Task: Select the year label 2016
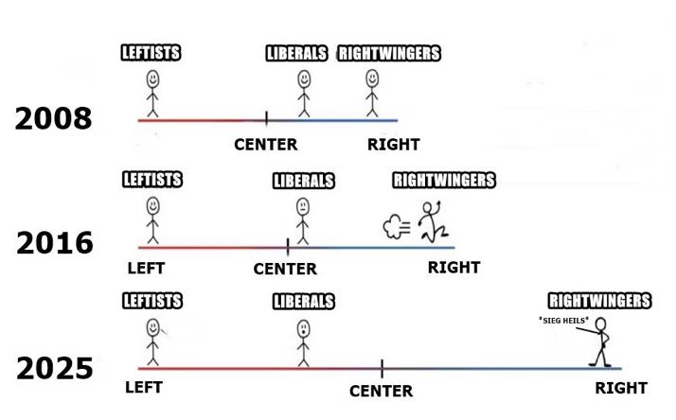pyautogui.click(x=54, y=244)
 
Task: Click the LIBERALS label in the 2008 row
pyautogui.click(x=295, y=54)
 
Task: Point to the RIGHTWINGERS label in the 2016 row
pyautogui.click(x=443, y=180)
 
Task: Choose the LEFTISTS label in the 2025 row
pyautogui.click(x=152, y=302)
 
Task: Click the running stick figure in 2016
pyautogui.click(x=432, y=221)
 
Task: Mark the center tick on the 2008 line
pyautogui.click(x=266, y=119)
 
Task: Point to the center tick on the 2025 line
pyautogui.click(x=382, y=368)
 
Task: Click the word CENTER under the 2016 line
pyautogui.click(x=285, y=270)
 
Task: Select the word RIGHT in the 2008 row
pyautogui.click(x=393, y=145)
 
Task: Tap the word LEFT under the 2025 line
pyautogui.click(x=144, y=388)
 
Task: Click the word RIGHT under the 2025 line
pyautogui.click(x=621, y=389)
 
